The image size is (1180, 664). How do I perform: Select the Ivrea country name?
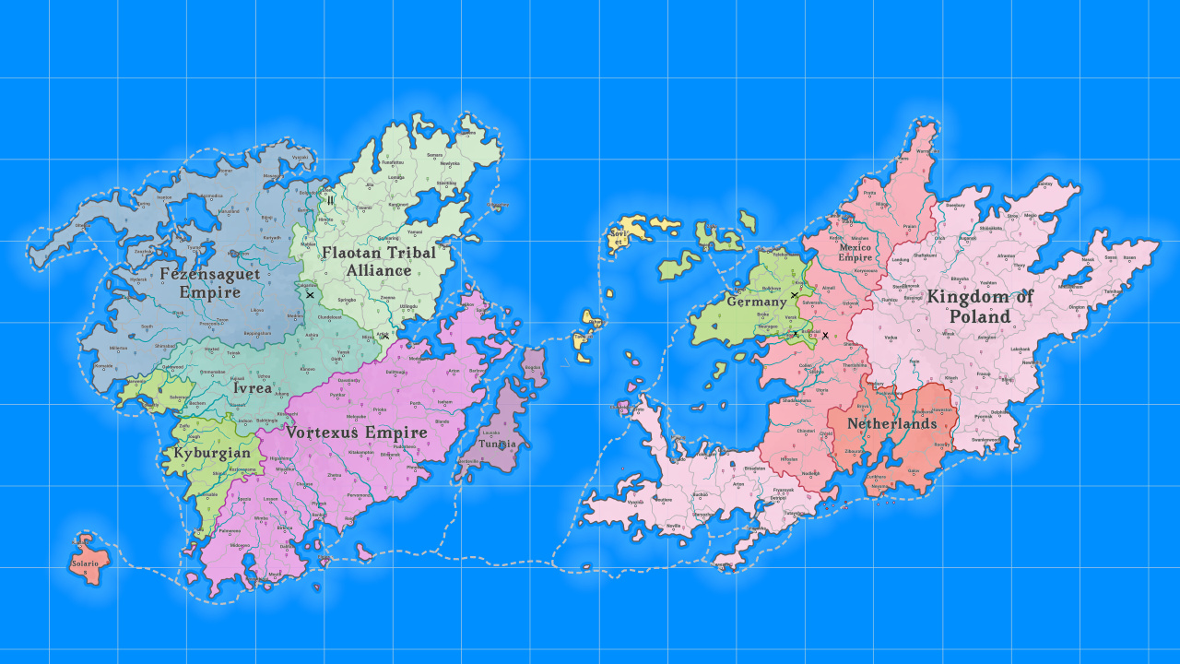(253, 388)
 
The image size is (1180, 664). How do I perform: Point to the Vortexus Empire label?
(357, 432)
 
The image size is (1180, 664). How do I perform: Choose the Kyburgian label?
(212, 453)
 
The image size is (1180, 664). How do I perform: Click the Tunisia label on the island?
(498, 444)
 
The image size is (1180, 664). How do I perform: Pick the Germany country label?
(757, 302)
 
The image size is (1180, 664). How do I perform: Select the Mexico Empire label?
(855, 252)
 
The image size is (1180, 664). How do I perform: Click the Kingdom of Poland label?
(980, 306)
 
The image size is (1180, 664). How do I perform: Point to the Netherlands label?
(891, 423)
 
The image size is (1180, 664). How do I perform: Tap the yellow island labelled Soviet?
(619, 237)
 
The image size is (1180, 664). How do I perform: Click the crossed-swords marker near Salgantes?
(310, 295)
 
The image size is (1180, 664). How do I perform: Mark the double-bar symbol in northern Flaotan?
(329, 200)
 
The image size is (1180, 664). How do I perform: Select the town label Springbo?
(347, 300)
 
